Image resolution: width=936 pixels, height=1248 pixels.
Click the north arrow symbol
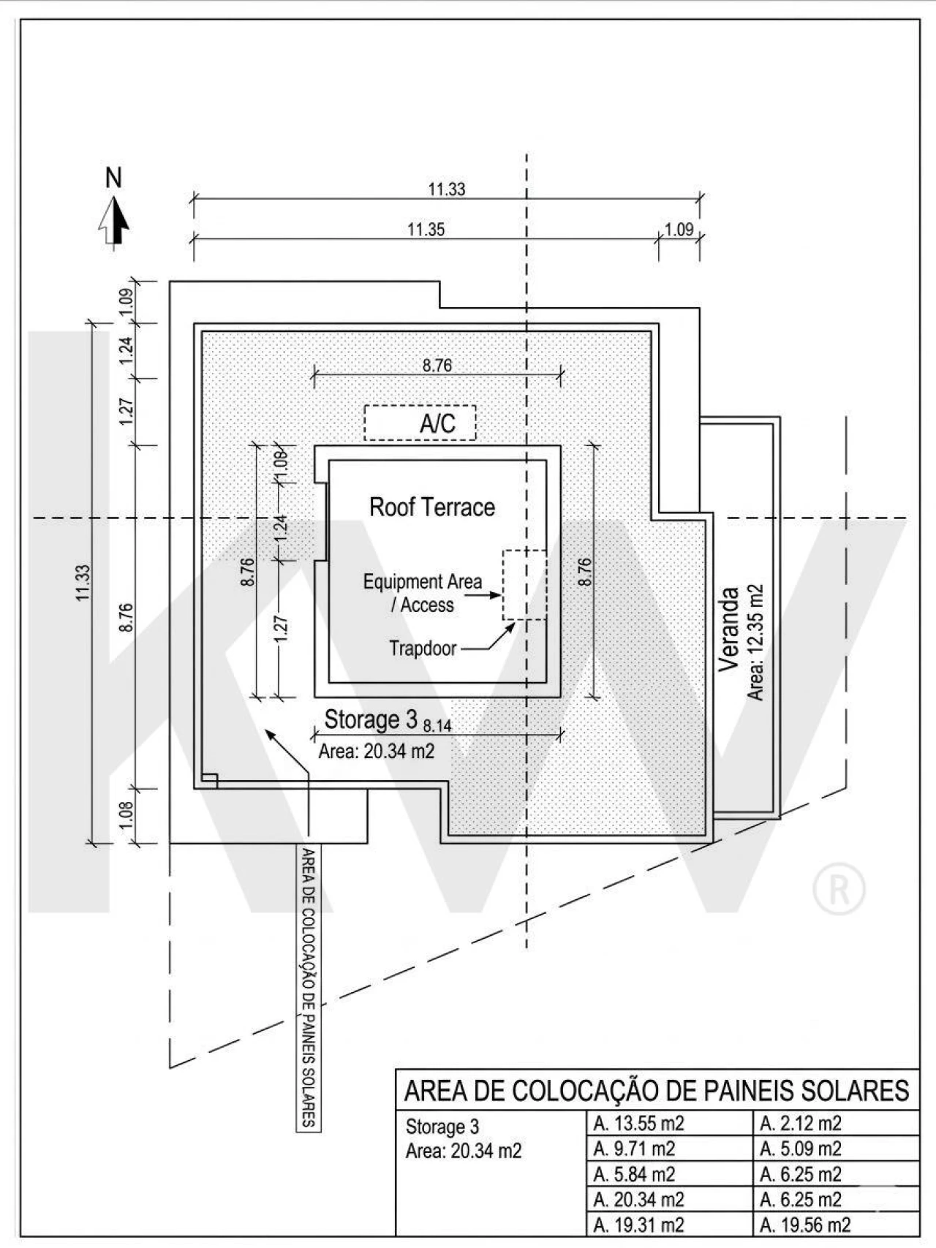tap(114, 222)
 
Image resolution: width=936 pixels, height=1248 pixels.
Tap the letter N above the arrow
tap(113, 178)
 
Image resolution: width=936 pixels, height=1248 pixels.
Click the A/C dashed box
tap(420, 423)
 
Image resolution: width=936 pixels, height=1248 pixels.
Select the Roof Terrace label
tap(431, 507)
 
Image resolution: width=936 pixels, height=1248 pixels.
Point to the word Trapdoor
tap(423, 648)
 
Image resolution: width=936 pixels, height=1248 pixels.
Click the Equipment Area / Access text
tap(423, 593)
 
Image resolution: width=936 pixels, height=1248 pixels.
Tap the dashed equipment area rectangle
tap(524, 585)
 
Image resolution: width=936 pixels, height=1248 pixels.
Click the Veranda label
tap(729, 629)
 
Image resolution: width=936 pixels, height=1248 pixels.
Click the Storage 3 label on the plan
tap(371, 719)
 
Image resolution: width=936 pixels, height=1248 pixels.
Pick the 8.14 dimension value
tap(437, 726)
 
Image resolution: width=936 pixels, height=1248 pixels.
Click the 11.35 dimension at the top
tap(426, 230)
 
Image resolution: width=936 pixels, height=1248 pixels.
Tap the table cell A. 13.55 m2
tap(638, 1123)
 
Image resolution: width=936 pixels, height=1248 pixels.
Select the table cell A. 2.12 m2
tap(800, 1123)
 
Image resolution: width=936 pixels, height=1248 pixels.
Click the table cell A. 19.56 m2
tap(804, 1225)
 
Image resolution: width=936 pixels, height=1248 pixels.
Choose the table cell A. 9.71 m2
tap(634, 1149)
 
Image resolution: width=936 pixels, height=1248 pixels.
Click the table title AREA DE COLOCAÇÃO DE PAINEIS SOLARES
tap(657, 1091)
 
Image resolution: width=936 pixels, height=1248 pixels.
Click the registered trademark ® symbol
tap(839, 890)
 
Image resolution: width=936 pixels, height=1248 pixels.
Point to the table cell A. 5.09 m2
tap(800, 1149)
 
